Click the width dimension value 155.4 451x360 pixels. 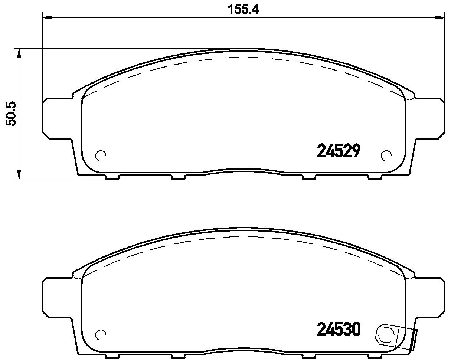243,9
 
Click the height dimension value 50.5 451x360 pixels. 11,114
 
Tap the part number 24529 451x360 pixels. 339,151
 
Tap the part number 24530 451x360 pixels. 339,329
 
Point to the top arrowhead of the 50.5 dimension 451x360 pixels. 19,53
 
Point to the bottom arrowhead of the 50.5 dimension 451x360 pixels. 19,174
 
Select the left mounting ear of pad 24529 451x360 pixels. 57,118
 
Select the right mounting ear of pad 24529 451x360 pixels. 429,118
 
